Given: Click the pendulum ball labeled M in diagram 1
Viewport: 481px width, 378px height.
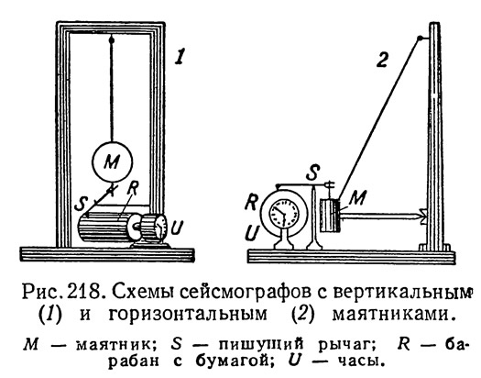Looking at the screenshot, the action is (x=113, y=161).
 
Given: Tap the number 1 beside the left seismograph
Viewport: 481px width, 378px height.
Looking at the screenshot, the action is (x=180, y=57).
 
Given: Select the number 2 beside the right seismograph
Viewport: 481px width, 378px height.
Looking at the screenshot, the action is (x=382, y=60).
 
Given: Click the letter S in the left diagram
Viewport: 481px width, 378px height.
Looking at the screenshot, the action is (x=81, y=204).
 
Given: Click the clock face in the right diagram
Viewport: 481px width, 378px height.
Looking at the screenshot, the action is (x=284, y=213).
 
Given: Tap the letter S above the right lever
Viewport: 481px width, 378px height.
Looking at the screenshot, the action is (x=313, y=172).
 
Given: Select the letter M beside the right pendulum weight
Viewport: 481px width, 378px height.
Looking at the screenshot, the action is (x=357, y=197).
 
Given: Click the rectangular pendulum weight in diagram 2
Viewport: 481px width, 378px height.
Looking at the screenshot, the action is (x=330, y=216).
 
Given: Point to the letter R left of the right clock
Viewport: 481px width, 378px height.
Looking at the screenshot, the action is (x=252, y=202).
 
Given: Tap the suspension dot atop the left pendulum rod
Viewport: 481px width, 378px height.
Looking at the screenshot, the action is (x=112, y=40).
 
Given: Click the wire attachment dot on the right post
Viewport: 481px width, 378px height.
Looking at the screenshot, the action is (x=420, y=39).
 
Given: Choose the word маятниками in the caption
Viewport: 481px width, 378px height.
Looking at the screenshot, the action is (x=393, y=315).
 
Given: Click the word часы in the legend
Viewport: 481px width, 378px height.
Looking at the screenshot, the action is (x=361, y=361).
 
